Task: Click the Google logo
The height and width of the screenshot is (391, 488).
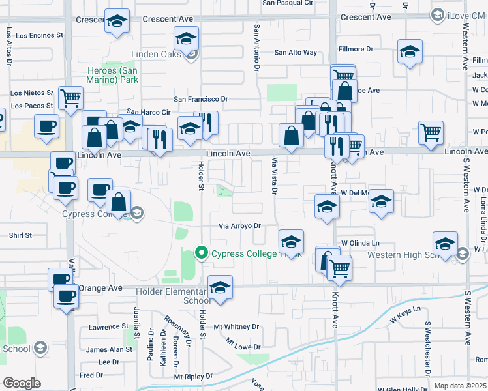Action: [x=22, y=383]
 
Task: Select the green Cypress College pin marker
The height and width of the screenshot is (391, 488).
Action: [x=202, y=253]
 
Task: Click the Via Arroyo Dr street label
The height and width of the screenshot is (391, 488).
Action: [x=239, y=226]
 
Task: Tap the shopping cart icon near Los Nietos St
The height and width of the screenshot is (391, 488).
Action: [x=70, y=98]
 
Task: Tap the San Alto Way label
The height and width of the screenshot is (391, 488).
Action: [x=296, y=53]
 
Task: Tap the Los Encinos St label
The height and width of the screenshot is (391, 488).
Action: [x=39, y=35]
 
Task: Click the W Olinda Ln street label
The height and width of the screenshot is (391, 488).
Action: [x=360, y=242]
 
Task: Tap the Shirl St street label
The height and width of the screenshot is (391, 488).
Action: [x=20, y=235]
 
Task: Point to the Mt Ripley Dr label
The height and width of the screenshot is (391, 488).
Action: [x=193, y=376]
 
